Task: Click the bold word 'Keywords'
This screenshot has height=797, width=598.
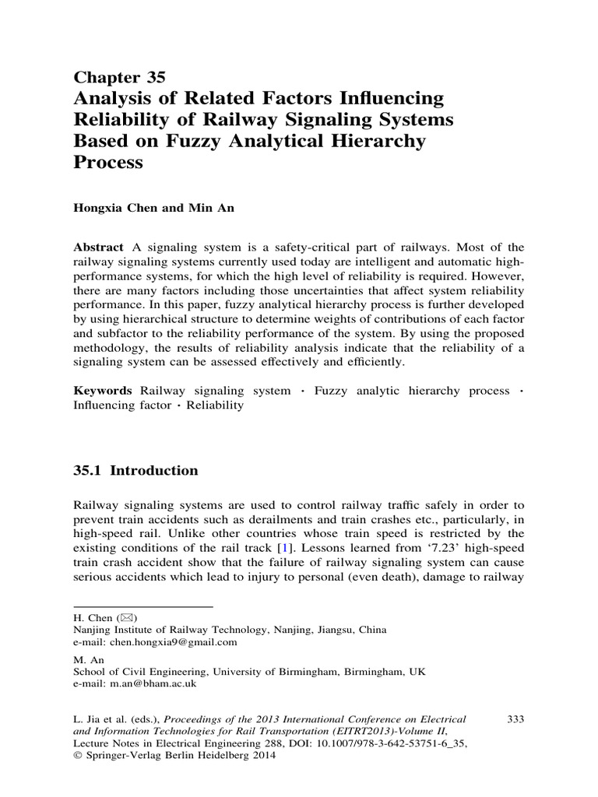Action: (103, 390)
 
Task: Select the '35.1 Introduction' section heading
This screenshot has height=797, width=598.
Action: (135, 471)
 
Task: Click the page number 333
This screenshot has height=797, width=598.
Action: (515, 719)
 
